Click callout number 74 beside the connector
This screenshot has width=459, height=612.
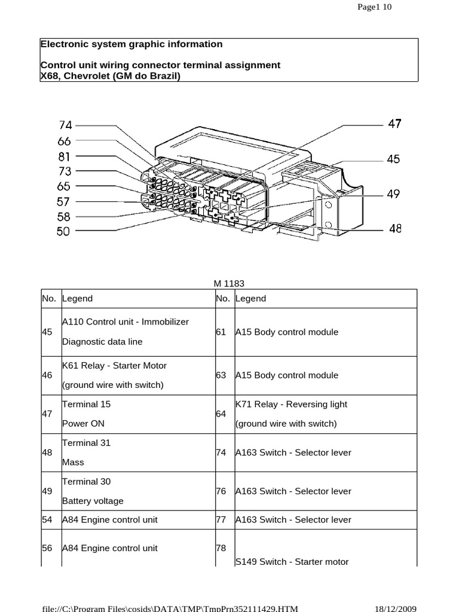pyautogui.click(x=65, y=126)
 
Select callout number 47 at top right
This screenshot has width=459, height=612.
pyautogui.click(x=394, y=124)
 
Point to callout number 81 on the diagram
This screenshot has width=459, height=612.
pyautogui.click(x=65, y=157)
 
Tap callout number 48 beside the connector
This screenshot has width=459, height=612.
pyautogui.click(x=394, y=228)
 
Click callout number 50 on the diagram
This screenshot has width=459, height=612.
pyautogui.click(x=63, y=231)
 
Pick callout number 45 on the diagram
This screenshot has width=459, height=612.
pyautogui.click(x=393, y=160)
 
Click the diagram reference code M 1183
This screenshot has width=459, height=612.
pyautogui.click(x=229, y=284)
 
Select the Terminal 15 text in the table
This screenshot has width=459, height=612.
pyautogui.click(x=87, y=404)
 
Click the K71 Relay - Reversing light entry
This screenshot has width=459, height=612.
pyautogui.click(x=291, y=404)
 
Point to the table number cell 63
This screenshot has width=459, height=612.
pyautogui.click(x=221, y=375)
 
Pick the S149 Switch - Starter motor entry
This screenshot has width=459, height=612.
pyautogui.click(x=292, y=561)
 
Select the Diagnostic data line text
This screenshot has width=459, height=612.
pyautogui.click(x=102, y=342)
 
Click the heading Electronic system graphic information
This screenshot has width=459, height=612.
pyautogui.click(x=131, y=44)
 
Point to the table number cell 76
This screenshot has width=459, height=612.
pyautogui.click(x=221, y=491)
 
